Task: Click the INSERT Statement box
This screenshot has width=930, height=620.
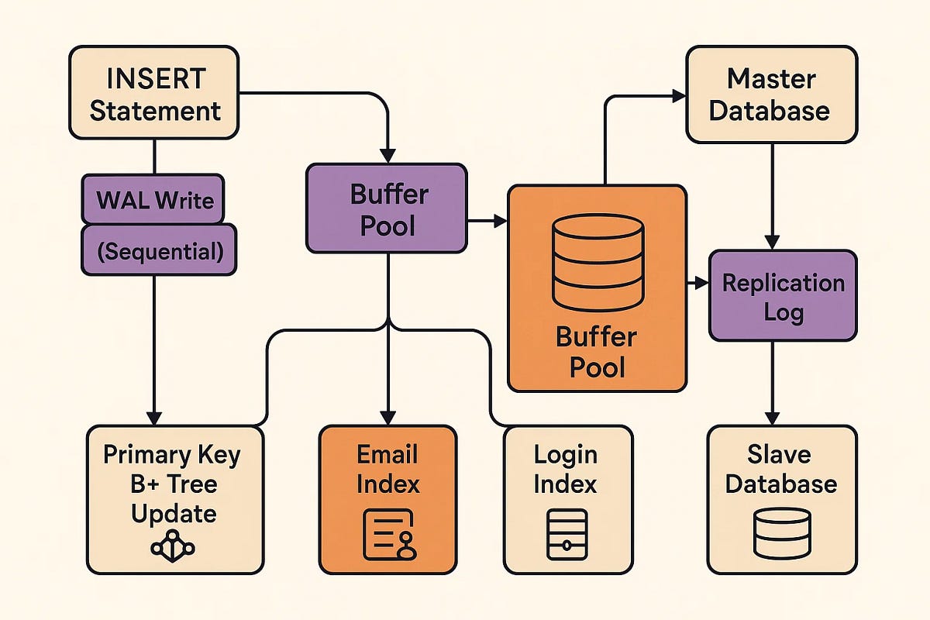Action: (x=155, y=93)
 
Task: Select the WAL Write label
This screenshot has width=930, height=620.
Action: (x=155, y=201)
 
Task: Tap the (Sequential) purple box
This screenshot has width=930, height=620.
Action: (x=159, y=250)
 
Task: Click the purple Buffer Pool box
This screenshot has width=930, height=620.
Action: (x=387, y=208)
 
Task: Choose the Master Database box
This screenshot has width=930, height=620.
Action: (x=771, y=94)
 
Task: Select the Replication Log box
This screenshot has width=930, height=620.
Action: (x=783, y=296)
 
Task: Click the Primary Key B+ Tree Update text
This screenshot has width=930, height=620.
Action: (x=173, y=484)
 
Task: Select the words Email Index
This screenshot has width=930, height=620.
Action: (x=387, y=470)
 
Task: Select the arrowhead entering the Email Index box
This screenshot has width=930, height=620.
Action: (x=388, y=417)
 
